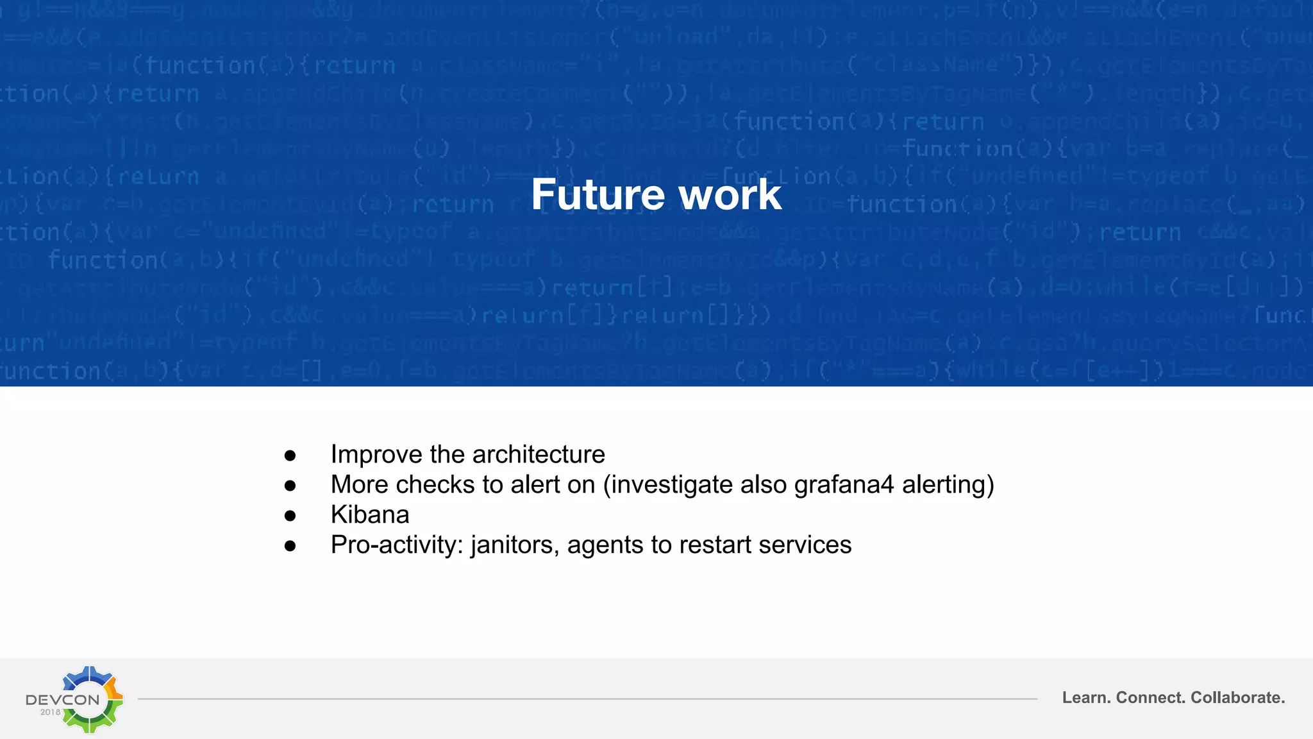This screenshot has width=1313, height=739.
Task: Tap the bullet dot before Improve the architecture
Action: pos(290,455)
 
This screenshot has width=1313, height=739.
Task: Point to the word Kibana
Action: pos(370,514)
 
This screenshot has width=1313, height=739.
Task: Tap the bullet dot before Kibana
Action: pos(290,516)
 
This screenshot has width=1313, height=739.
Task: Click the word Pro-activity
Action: pos(397,545)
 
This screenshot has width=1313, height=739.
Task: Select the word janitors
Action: pos(515,545)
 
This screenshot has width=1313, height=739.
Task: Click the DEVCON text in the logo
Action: pos(63,699)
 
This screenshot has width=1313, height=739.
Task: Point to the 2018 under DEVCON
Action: pos(50,712)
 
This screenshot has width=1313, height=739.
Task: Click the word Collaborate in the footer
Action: pos(1237,697)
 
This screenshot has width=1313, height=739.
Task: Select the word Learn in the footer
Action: pos(1086,697)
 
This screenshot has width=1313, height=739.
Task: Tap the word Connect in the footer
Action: pos(1151,697)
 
